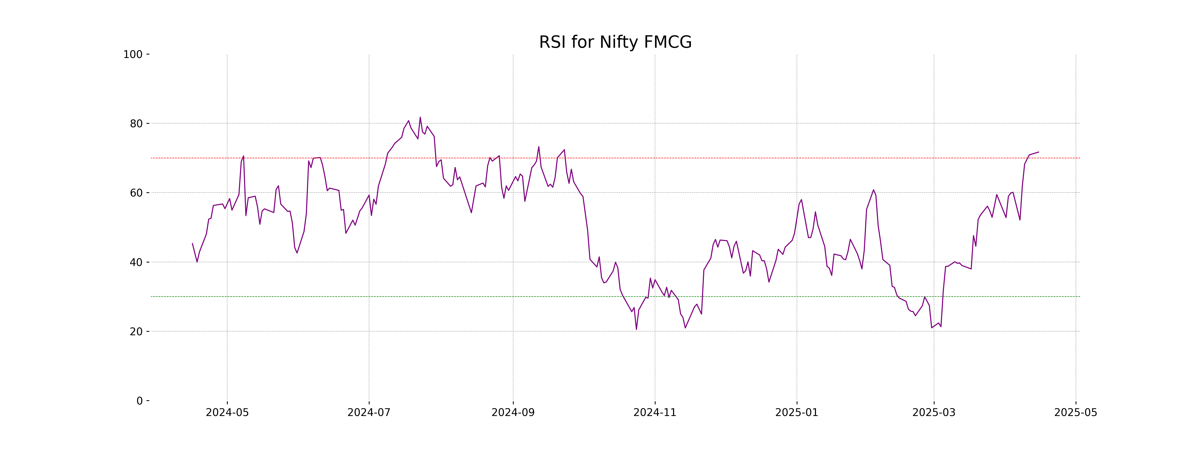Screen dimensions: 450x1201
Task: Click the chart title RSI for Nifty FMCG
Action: click(615, 42)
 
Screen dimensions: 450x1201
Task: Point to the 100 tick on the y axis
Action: click(133, 54)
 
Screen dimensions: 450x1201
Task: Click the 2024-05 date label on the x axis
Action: click(227, 413)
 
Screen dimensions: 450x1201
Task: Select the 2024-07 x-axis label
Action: click(369, 413)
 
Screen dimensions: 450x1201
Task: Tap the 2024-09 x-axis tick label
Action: click(513, 413)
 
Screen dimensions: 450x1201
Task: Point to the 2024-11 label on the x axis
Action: click(655, 413)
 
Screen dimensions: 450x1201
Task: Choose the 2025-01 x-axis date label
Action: click(796, 413)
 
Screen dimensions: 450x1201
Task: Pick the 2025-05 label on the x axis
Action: click(1076, 413)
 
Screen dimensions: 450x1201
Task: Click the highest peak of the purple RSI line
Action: click(420, 117)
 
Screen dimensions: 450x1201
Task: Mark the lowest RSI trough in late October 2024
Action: click(636, 329)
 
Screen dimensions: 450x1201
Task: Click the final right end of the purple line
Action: click(1038, 152)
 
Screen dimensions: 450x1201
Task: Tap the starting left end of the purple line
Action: click(193, 243)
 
